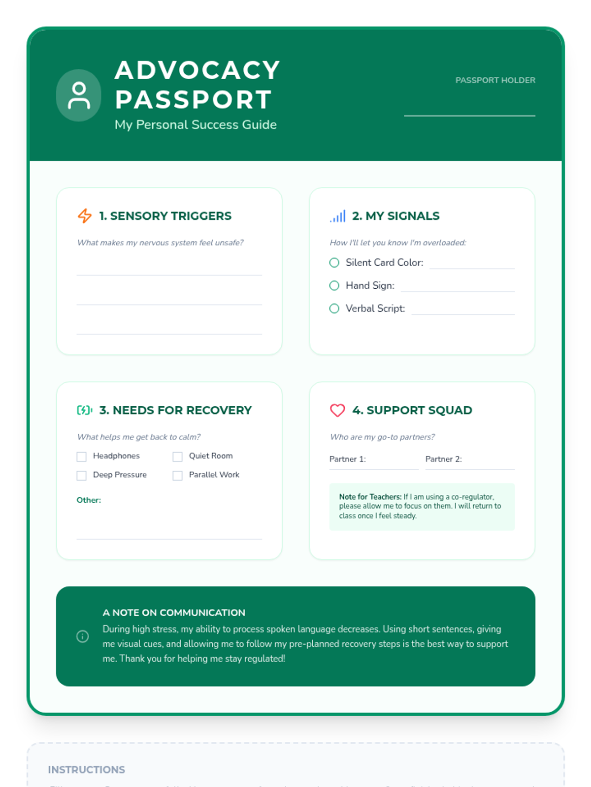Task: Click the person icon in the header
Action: click(79, 95)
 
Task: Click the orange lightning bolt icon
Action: click(85, 216)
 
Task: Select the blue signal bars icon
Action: click(338, 216)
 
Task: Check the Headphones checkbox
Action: click(82, 456)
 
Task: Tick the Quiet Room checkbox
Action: click(178, 456)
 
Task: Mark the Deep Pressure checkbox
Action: click(82, 475)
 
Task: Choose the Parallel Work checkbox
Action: click(178, 475)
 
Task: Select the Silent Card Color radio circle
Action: click(334, 263)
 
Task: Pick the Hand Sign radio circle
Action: click(334, 285)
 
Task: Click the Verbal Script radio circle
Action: click(334, 308)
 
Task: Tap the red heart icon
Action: click(337, 410)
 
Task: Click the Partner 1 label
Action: click(348, 459)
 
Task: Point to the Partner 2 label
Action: click(444, 459)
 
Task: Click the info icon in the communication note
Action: click(83, 636)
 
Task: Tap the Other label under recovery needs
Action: click(89, 500)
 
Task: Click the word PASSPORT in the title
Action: click(193, 99)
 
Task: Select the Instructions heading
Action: click(87, 770)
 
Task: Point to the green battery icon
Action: click(85, 410)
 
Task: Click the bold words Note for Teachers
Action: click(370, 497)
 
